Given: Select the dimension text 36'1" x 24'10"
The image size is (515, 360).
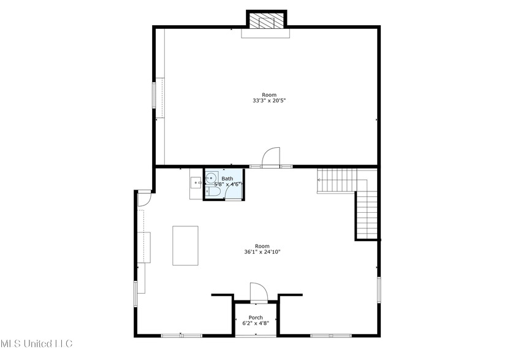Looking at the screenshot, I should (262, 251).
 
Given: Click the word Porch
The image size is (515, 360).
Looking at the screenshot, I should (256, 318).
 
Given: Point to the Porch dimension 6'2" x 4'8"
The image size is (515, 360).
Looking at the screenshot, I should (256, 323).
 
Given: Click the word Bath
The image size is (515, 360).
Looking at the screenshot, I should (227, 178).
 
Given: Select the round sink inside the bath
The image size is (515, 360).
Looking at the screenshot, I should (210, 178).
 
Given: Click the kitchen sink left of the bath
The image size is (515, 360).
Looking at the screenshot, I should (196, 182).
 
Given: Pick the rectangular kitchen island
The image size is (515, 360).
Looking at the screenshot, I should (185, 245).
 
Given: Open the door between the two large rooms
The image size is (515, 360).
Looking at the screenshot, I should (270, 158).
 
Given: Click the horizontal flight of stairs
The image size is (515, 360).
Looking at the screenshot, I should (336, 181).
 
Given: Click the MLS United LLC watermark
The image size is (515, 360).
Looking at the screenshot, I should (36, 343).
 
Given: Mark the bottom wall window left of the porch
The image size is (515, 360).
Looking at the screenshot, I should (181, 335).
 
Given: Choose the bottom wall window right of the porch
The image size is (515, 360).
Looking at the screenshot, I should (330, 335).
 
